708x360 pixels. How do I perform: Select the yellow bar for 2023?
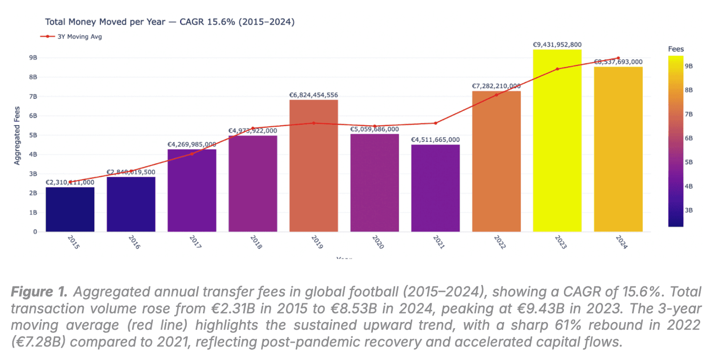click(x=557, y=140)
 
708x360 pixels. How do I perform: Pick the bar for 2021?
click(x=436, y=188)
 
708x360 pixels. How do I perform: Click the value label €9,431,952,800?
click(x=557, y=44)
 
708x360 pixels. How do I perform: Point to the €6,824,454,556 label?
click(x=314, y=95)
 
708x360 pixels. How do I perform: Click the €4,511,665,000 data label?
click(x=436, y=140)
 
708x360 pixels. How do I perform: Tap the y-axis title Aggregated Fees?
click(x=17, y=136)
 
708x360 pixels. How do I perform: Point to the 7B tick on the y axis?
click(x=33, y=96)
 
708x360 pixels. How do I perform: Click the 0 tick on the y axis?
click(x=35, y=232)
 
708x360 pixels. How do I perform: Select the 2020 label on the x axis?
click(x=378, y=242)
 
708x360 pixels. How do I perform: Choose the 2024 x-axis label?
click(x=622, y=242)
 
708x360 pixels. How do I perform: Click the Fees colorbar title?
click(x=676, y=49)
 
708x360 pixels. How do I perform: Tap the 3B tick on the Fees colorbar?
click(x=689, y=210)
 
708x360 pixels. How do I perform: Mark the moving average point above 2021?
click(x=436, y=123)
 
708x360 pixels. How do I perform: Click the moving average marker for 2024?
click(x=618, y=58)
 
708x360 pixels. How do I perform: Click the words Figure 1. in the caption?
click(x=39, y=292)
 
